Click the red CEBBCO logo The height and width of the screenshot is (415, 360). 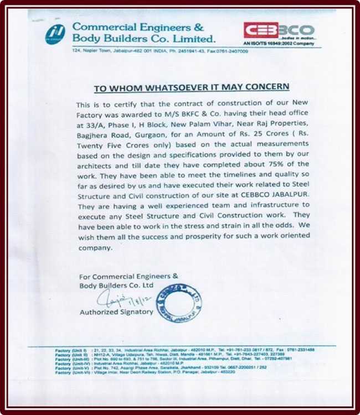point(279,30)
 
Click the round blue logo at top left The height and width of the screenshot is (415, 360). point(55,33)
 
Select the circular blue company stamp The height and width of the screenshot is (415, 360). point(178,303)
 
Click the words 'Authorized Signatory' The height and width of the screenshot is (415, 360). point(117,312)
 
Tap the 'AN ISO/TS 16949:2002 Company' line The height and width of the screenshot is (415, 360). point(279,43)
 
